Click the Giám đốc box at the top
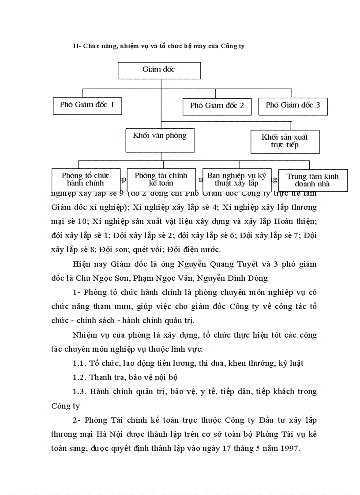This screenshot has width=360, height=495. click(159, 70)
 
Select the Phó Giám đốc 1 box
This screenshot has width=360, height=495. click(87, 105)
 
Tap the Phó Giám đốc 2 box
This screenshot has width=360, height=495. click(217, 106)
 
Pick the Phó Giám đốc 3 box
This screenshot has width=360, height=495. click(293, 105)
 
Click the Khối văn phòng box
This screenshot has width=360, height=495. click(160, 136)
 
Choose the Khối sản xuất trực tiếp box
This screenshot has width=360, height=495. click(285, 141)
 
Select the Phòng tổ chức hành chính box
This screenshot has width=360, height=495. click(86, 179)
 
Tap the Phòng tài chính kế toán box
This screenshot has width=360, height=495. click(161, 179)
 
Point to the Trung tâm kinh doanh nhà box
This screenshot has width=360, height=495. click(312, 180)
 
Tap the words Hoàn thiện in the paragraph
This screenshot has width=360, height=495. click(295, 222)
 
